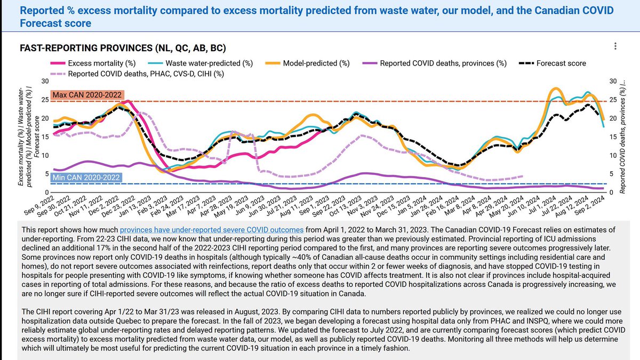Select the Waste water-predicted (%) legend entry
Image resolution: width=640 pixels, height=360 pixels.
[217, 63]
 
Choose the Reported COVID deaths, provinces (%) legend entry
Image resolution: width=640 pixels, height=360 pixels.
[443, 63]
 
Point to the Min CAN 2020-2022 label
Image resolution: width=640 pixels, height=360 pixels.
[86, 177]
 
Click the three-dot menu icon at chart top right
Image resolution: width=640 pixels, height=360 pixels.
[615, 47]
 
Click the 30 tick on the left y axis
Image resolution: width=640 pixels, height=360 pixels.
[45, 82]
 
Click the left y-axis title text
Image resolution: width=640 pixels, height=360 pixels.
[26, 136]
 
